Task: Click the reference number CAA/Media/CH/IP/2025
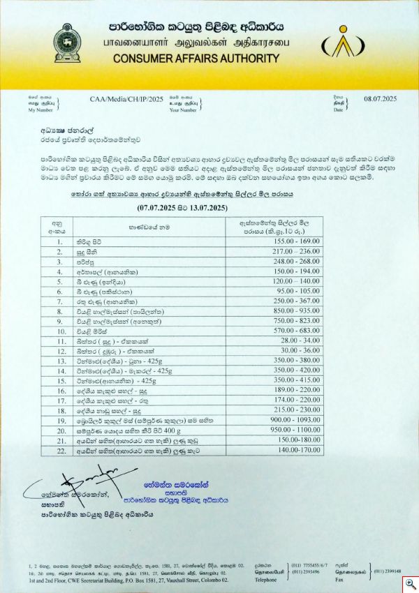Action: point(126,100)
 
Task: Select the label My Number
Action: point(40,110)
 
